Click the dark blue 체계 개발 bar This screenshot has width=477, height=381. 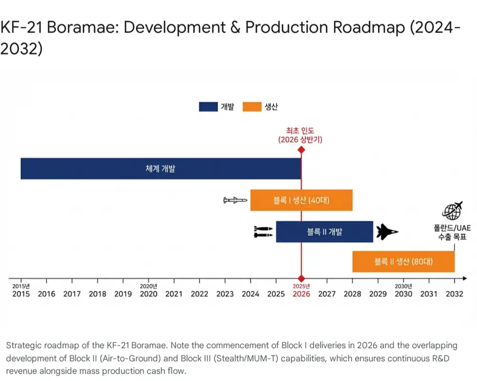(x=161, y=169)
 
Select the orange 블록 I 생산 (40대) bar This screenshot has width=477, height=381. (x=301, y=200)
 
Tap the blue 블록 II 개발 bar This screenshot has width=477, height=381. (x=324, y=232)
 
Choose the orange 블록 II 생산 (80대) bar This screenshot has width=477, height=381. (x=404, y=261)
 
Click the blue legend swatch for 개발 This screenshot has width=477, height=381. (x=208, y=106)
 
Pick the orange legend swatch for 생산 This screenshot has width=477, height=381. (x=252, y=106)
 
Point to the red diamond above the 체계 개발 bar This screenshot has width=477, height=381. (x=301, y=150)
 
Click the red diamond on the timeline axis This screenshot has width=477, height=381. (x=301, y=278)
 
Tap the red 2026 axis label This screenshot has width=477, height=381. (x=301, y=294)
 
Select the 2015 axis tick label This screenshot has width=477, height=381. (x=21, y=294)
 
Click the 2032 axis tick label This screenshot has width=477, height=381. (x=455, y=294)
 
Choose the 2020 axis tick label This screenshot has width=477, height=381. (x=148, y=294)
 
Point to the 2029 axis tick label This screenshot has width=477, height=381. (x=378, y=294)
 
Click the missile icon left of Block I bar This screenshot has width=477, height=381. (x=235, y=200)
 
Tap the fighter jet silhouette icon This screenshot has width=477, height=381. (x=387, y=232)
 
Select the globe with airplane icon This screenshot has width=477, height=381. (x=452, y=211)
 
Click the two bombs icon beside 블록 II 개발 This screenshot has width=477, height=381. (x=263, y=232)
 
